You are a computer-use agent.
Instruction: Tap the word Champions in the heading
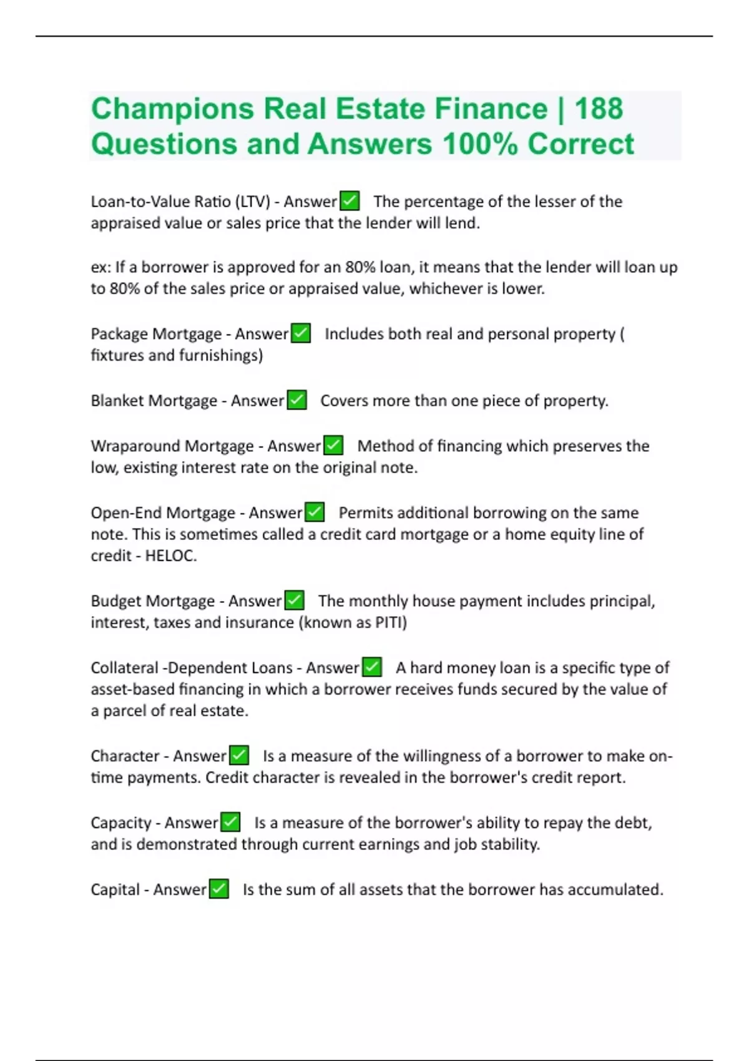(x=172, y=109)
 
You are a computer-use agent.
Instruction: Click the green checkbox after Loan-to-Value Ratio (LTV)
(x=350, y=201)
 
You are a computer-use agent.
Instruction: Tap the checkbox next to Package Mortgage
(x=301, y=333)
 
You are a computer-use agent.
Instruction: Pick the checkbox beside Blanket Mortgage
(x=296, y=400)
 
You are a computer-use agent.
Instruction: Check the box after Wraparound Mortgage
(x=333, y=446)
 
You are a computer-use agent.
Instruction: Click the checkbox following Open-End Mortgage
(x=315, y=512)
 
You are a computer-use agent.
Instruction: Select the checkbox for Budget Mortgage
(x=294, y=600)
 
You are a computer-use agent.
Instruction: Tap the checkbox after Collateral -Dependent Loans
(x=372, y=667)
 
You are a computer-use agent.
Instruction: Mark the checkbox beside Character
(x=239, y=755)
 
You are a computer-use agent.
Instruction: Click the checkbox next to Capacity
(x=230, y=822)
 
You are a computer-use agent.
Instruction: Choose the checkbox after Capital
(x=218, y=889)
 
